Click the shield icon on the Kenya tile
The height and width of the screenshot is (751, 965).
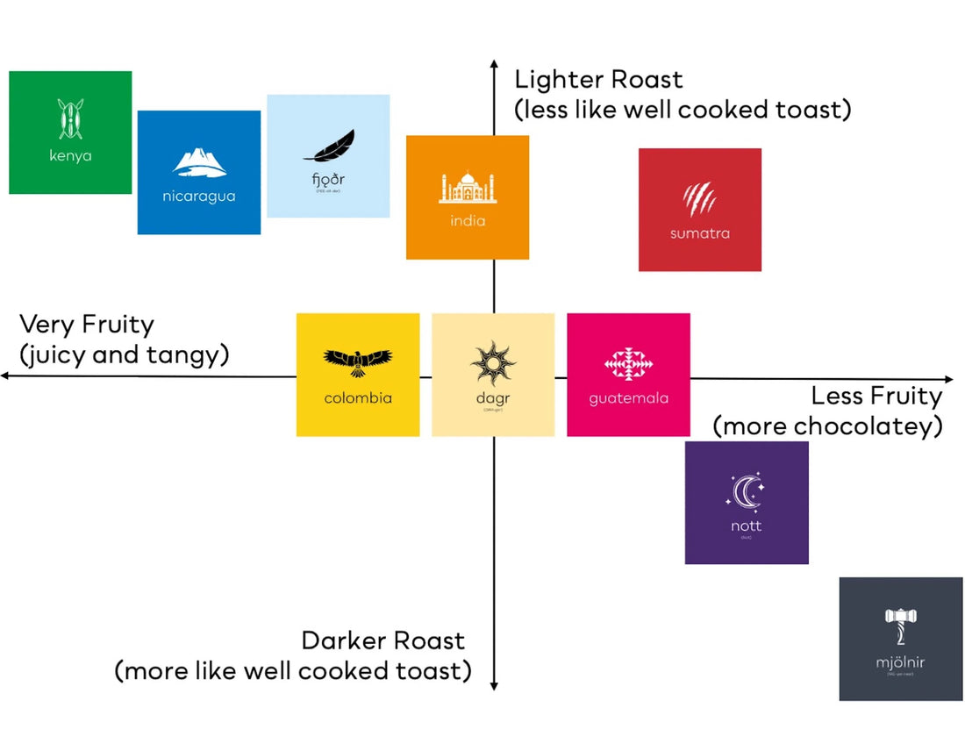tap(70, 118)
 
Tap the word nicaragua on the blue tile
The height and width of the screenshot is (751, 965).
tap(199, 196)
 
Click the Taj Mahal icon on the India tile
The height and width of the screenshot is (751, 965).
tap(467, 188)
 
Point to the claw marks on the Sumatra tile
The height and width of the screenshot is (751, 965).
tap(699, 200)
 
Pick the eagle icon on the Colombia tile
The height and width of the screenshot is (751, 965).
tap(358, 360)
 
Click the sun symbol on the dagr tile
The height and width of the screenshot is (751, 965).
tap(492, 362)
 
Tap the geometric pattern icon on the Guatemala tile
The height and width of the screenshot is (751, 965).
tap(628, 364)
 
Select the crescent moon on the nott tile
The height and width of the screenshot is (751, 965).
tap(746, 493)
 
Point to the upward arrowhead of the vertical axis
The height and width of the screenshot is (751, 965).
tap(494, 68)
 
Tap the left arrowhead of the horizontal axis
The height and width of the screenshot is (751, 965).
tap(6, 375)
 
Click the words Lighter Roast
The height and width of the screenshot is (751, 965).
tap(598, 80)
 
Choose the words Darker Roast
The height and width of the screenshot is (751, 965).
tap(382, 640)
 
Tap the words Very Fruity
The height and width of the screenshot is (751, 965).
tap(87, 325)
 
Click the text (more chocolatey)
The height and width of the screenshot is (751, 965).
tap(827, 426)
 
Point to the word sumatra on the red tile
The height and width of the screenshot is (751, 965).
tap(699, 233)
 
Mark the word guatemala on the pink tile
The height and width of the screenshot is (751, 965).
tap(628, 398)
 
